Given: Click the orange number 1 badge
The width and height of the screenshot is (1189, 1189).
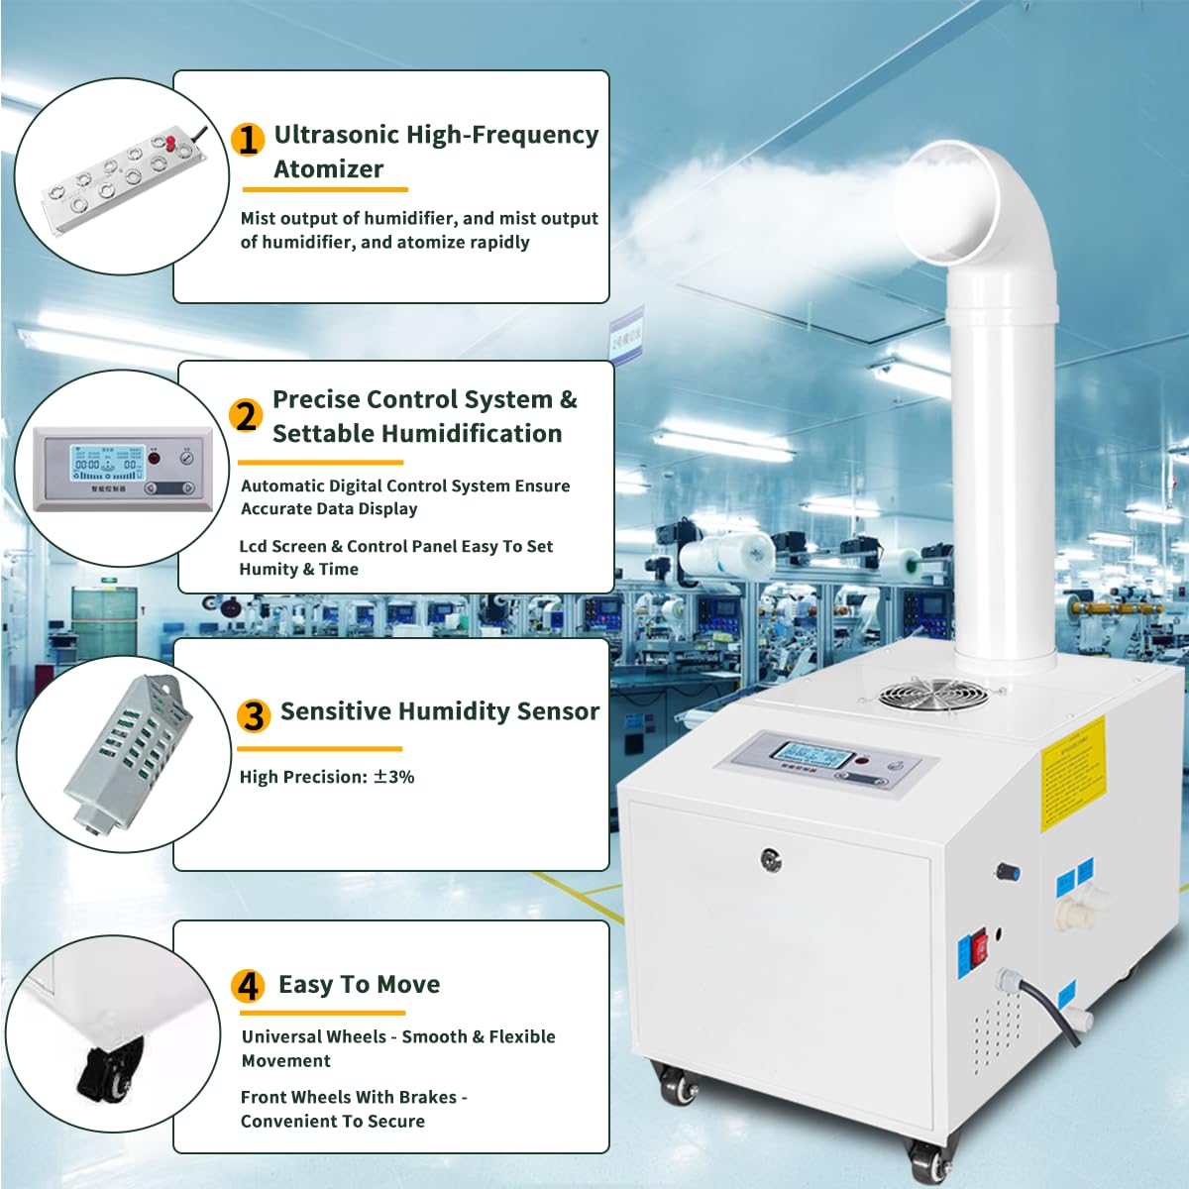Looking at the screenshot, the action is click(248, 139).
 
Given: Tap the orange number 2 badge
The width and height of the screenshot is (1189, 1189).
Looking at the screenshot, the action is click(246, 416).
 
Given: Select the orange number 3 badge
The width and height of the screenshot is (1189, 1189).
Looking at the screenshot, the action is click(254, 714).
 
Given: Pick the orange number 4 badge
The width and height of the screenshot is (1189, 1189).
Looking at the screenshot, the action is click(248, 986).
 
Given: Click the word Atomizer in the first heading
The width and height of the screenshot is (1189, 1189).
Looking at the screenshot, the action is click(328, 169).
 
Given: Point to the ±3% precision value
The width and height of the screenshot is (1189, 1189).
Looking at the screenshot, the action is click(393, 777).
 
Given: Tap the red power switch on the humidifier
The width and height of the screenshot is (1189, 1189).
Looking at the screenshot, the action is click(980, 947).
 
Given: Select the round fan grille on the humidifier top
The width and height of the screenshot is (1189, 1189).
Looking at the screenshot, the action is click(932, 693).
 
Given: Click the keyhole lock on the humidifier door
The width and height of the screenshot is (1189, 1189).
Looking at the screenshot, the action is click(771, 858).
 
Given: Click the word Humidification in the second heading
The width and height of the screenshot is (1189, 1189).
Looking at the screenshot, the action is click(417, 434).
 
